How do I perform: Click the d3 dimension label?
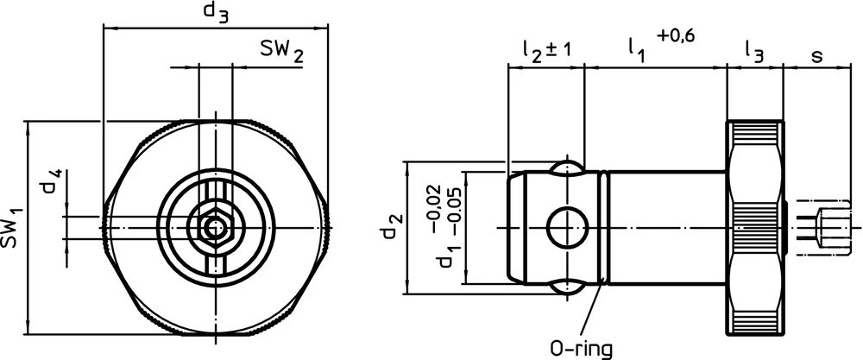[x=216, y=12]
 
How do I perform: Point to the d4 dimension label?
[x=54, y=185]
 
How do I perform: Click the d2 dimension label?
[x=393, y=227]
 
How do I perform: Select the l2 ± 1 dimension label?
[x=546, y=51]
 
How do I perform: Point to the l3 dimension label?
[x=753, y=52]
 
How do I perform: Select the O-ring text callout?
[x=581, y=348]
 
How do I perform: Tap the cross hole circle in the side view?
[x=567, y=227]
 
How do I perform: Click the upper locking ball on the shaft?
[x=567, y=167]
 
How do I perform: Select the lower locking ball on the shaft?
[x=567, y=288]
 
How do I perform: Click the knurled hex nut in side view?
[x=757, y=227]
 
